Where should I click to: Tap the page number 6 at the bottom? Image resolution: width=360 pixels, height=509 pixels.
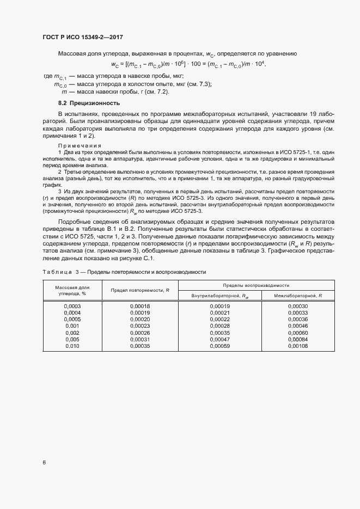tap(44, 463)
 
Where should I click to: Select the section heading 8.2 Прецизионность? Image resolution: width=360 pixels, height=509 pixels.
tap(89, 103)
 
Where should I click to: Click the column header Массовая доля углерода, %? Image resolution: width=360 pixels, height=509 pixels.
tap(72, 290)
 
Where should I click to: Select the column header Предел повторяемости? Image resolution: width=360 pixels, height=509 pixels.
tap(140, 290)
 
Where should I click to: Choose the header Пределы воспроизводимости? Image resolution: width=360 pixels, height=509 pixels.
tap(256, 285)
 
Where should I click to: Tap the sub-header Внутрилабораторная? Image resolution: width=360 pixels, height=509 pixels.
tap(219, 296)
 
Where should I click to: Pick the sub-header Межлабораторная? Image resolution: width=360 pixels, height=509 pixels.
tap(298, 296)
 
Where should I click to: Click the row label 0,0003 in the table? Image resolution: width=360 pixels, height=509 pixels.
tap(72, 306)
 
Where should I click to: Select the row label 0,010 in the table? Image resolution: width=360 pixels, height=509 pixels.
tap(72, 346)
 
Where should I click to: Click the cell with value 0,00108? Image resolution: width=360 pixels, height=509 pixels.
tap(298, 346)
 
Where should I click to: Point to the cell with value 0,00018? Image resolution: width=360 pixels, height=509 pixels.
tap(140, 306)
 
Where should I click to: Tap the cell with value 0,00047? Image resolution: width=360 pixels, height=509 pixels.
tap(219, 339)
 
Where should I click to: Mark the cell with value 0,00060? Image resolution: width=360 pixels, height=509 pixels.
tap(298, 333)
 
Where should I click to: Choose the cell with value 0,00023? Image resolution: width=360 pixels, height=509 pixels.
tap(140, 326)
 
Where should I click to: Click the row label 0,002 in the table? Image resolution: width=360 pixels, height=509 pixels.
tap(72, 333)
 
